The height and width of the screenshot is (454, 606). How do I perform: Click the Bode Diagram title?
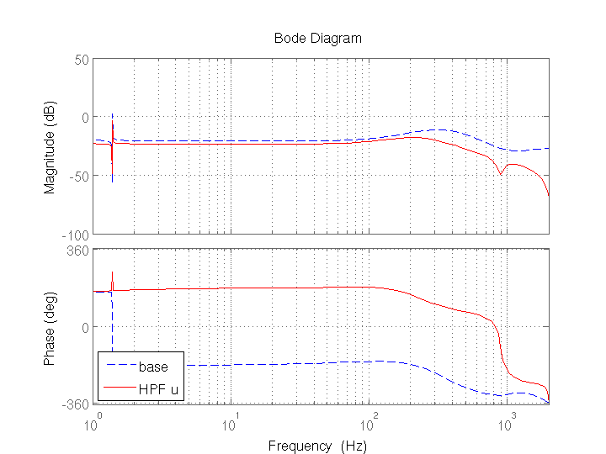click(317, 39)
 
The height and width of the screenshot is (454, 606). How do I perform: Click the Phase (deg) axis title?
click(50, 325)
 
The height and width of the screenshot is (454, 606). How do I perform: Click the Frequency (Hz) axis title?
click(317, 446)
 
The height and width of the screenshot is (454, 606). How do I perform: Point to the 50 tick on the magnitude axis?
click(82, 60)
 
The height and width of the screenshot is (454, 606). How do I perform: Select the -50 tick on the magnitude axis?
click(79, 176)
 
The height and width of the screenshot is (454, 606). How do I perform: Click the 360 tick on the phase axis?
click(79, 250)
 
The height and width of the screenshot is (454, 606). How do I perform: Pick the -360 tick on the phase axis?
click(77, 404)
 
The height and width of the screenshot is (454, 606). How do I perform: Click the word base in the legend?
click(153, 367)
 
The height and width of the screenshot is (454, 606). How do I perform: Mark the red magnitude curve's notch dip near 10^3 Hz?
click(501, 174)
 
